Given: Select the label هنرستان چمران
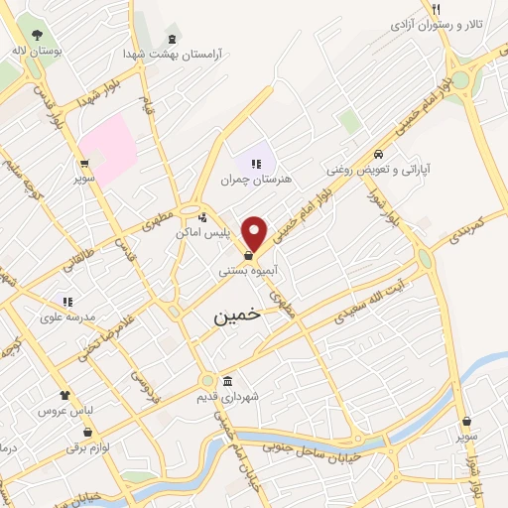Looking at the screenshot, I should click(257, 180).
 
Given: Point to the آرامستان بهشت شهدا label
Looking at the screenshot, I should click(173, 53).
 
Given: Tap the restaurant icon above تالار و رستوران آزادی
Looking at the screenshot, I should click(435, 9).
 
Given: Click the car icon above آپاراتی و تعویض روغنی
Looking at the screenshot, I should click(379, 154).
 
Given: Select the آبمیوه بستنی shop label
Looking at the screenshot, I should click(248, 270).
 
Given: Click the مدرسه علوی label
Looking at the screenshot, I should click(66, 317).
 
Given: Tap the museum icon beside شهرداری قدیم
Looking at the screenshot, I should click(227, 382).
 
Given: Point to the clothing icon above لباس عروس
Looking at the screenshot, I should click(64, 395).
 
